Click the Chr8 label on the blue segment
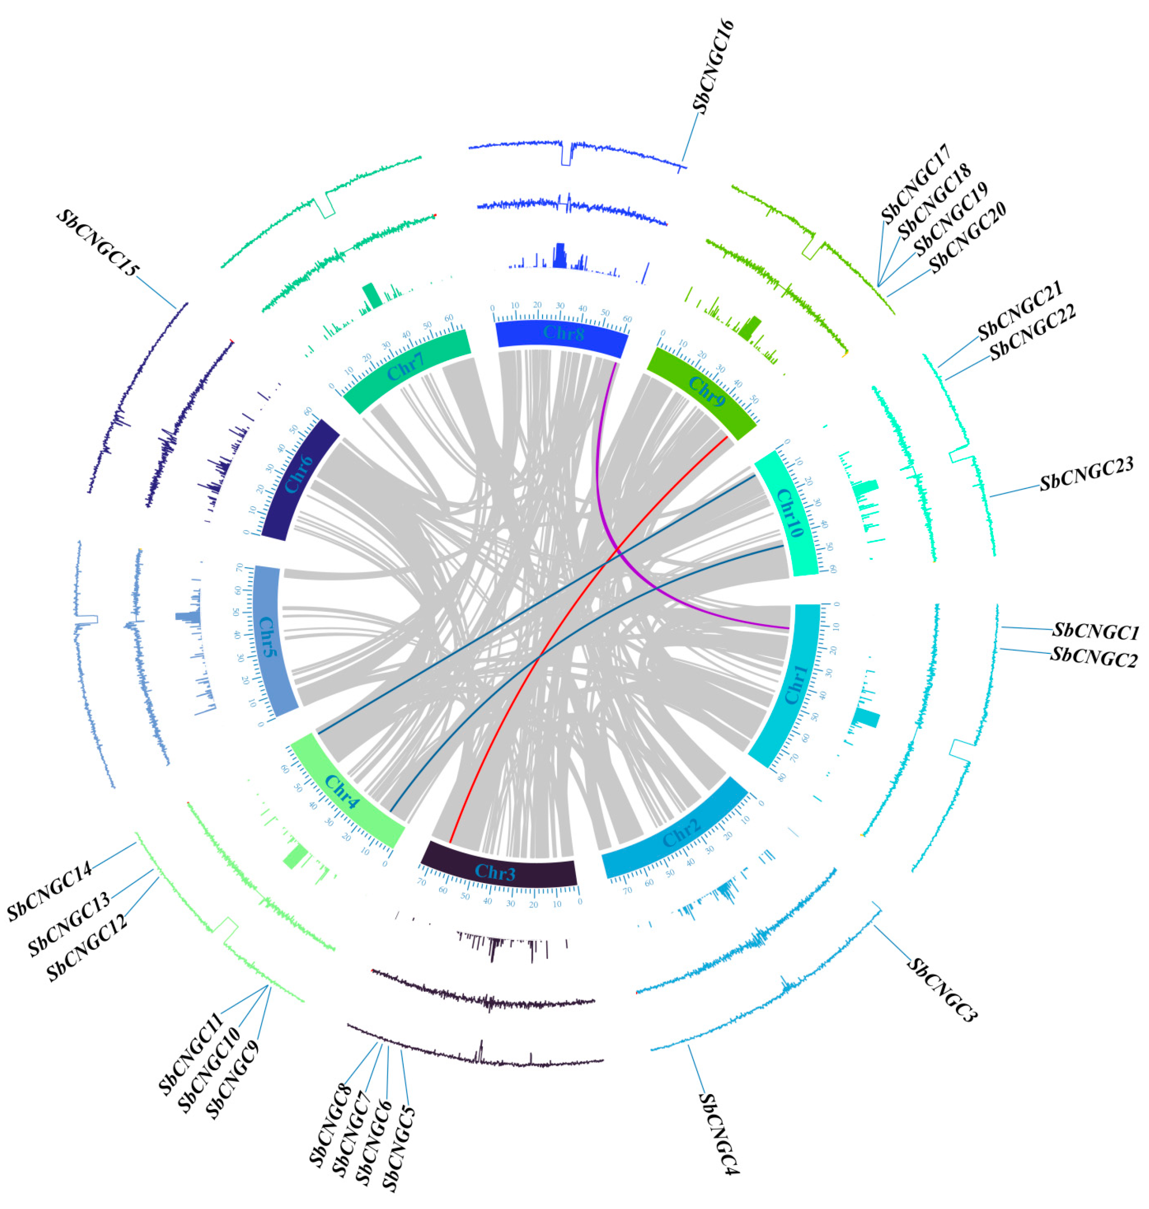click(x=563, y=334)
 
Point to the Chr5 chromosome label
click(x=268, y=638)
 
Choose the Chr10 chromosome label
click(x=789, y=512)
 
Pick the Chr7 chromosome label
click(x=406, y=366)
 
